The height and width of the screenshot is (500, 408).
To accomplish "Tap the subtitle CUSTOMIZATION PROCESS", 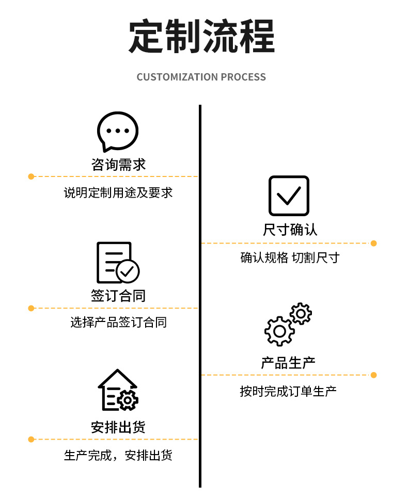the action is point(201,77).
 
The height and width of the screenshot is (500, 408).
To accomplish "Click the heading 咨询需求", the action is point(118,165).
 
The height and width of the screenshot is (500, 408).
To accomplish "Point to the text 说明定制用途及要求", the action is point(118,193).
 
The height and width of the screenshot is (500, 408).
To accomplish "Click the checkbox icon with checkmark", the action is point(289,196).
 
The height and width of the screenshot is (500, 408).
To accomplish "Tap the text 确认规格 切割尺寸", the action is point(290,257).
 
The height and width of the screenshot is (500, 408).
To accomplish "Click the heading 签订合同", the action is point(118,296).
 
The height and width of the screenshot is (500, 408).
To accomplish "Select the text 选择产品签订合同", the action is point(118,323).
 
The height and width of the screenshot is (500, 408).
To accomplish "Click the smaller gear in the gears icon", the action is point(301,314).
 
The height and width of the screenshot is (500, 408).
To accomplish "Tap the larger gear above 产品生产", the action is point(279,331).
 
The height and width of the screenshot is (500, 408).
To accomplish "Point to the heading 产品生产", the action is point(288,362).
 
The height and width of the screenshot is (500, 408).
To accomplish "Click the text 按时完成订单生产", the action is point(288,391).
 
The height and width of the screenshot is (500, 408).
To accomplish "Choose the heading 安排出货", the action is point(118,427).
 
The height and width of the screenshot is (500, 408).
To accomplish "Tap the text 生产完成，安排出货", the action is point(118,456).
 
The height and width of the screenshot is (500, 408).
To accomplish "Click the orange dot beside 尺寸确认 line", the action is point(373,243).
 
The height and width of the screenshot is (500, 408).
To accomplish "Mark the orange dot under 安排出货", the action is point(31,439).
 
